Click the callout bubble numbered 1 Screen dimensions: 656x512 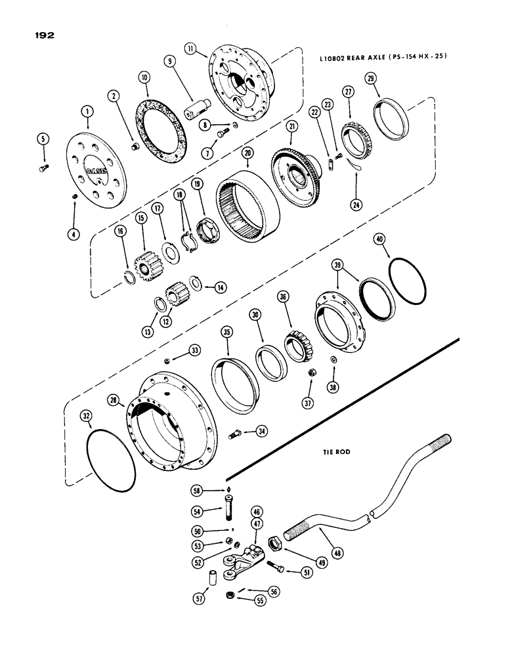(x=87, y=112)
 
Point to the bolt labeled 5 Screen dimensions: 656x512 (x=44, y=169)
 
